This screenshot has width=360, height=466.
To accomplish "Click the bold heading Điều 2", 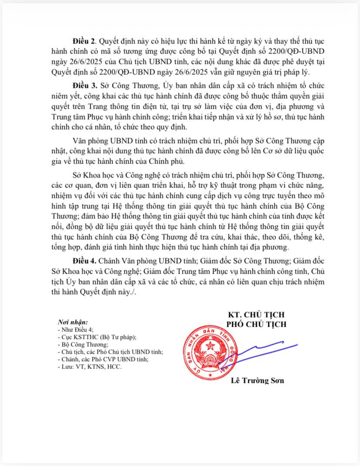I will (85, 42).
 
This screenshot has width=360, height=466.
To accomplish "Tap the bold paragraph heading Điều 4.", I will (85, 261).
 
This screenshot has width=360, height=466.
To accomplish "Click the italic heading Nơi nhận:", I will (73, 322).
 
